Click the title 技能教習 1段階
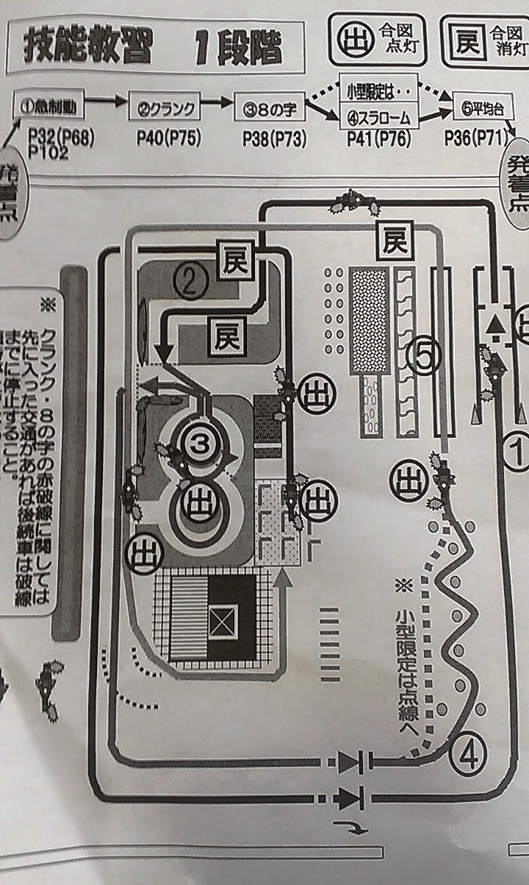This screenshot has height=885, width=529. point(154,46)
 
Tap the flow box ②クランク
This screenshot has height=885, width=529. point(165,110)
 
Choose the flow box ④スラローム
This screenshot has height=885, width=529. point(377,117)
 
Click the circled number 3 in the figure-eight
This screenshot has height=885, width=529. point(197,442)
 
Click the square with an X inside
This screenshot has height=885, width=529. point(225,619)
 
